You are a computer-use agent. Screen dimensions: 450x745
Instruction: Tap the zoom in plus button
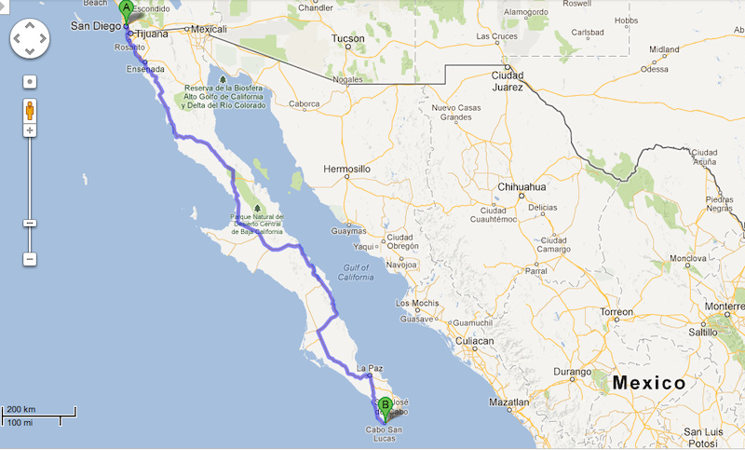30,130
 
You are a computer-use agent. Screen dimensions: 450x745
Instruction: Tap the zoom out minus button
30,258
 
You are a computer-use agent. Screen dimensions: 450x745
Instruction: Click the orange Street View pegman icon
30,110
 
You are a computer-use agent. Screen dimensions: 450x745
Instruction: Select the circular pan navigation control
30,39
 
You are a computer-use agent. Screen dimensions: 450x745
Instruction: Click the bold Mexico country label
649,383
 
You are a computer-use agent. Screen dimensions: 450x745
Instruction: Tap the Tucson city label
347,39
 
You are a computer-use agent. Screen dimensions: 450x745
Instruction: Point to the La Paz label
370,367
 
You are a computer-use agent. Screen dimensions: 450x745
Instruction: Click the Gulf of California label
355,273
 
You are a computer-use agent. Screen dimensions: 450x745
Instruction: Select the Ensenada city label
148,70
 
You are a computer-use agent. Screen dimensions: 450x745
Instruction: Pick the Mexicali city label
209,29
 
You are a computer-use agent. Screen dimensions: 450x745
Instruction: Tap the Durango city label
572,371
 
